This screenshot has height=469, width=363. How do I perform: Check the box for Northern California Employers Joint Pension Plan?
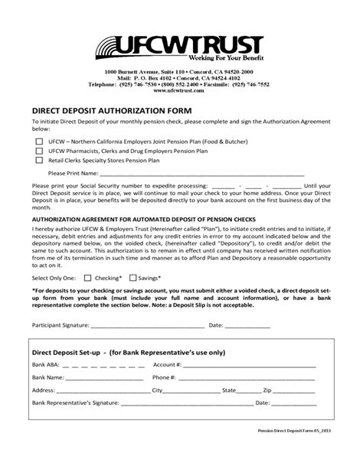[x=39, y=142]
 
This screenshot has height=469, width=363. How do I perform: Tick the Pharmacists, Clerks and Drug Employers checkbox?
[x=39, y=151]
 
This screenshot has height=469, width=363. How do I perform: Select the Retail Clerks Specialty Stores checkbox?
[x=39, y=161]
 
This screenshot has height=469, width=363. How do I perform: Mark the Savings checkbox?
[x=133, y=278]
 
